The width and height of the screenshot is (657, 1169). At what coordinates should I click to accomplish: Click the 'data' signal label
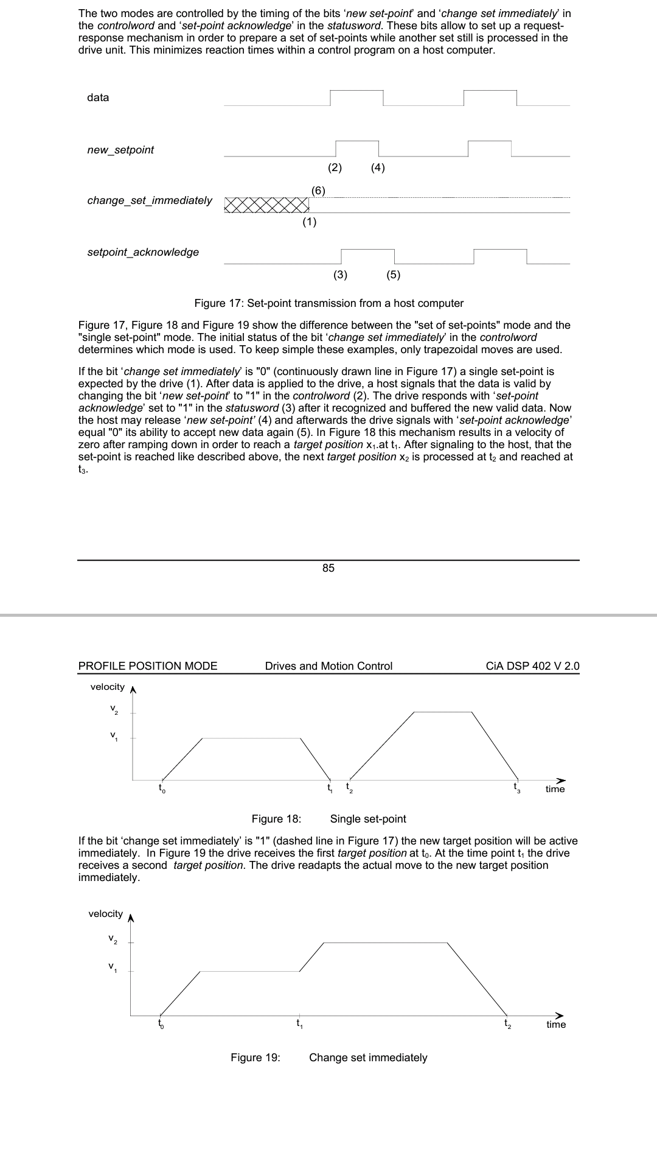(x=98, y=97)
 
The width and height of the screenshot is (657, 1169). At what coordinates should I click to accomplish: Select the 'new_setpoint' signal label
(x=120, y=150)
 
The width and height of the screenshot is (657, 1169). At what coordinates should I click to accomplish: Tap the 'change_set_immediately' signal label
(x=150, y=200)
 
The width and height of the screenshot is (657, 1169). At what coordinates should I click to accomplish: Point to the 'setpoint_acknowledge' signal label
(x=143, y=252)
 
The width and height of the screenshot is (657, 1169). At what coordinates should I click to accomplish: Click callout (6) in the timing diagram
(x=318, y=190)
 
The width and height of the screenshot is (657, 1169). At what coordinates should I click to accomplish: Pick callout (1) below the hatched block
(x=310, y=222)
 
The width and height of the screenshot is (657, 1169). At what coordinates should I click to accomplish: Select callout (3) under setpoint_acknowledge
(x=341, y=274)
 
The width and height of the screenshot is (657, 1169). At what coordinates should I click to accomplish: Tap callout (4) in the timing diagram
(x=378, y=167)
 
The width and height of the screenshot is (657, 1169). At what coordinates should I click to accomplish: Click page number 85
(x=328, y=568)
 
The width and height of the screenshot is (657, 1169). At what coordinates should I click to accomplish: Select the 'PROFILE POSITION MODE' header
(x=148, y=666)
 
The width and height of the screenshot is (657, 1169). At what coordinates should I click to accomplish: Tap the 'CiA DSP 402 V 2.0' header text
(x=533, y=666)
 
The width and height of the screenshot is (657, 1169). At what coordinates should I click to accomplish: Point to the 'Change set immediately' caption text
(x=368, y=1058)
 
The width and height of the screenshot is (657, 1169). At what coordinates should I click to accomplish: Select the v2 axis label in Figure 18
(x=114, y=709)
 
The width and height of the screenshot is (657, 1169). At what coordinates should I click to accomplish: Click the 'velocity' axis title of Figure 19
(x=105, y=914)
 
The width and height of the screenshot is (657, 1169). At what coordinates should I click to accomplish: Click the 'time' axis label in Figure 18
(x=555, y=789)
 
